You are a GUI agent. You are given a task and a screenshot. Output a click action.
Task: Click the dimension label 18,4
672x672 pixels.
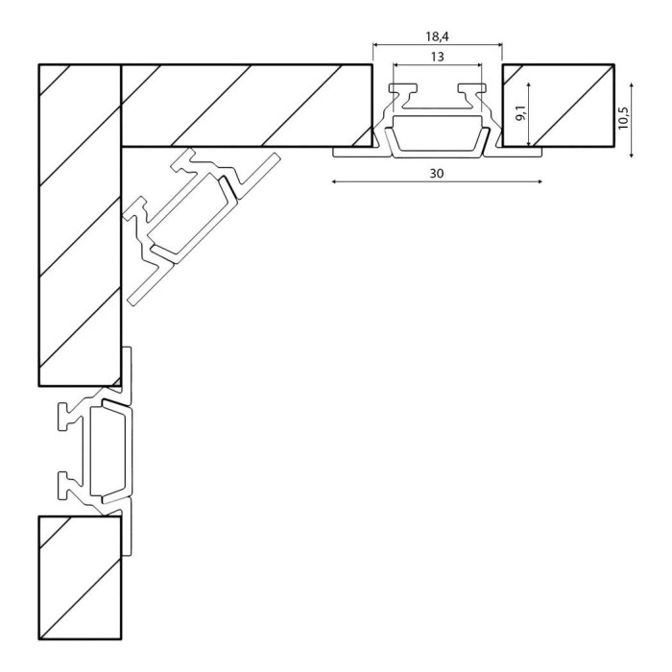(x=437, y=36)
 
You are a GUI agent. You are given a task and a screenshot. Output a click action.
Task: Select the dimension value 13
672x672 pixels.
(x=437, y=57)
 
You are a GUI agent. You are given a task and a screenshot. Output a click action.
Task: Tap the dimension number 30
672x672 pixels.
(x=437, y=174)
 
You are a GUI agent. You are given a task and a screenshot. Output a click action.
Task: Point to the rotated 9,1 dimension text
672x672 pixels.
(x=521, y=112)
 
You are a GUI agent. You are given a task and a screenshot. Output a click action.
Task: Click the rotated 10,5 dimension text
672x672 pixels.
(x=623, y=117)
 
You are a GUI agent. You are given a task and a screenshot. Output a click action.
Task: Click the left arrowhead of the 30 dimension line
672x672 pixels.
(x=334, y=181)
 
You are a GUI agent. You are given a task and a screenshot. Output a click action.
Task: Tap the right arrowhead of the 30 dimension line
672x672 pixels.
(x=540, y=181)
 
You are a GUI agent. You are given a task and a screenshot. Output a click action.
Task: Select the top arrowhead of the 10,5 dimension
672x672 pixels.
(x=632, y=85)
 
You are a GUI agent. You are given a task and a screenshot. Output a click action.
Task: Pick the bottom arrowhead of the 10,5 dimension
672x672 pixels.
(x=632, y=156)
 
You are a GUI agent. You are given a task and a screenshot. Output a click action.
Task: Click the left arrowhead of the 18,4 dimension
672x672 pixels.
(x=375, y=44)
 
